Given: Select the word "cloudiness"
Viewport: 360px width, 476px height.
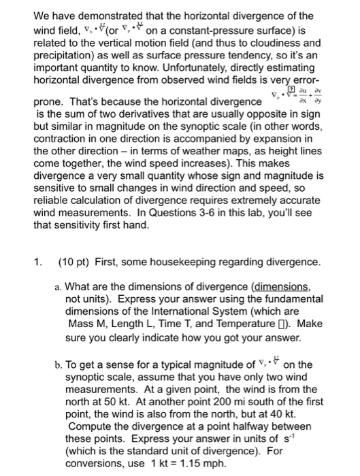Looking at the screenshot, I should click(x=276, y=41).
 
